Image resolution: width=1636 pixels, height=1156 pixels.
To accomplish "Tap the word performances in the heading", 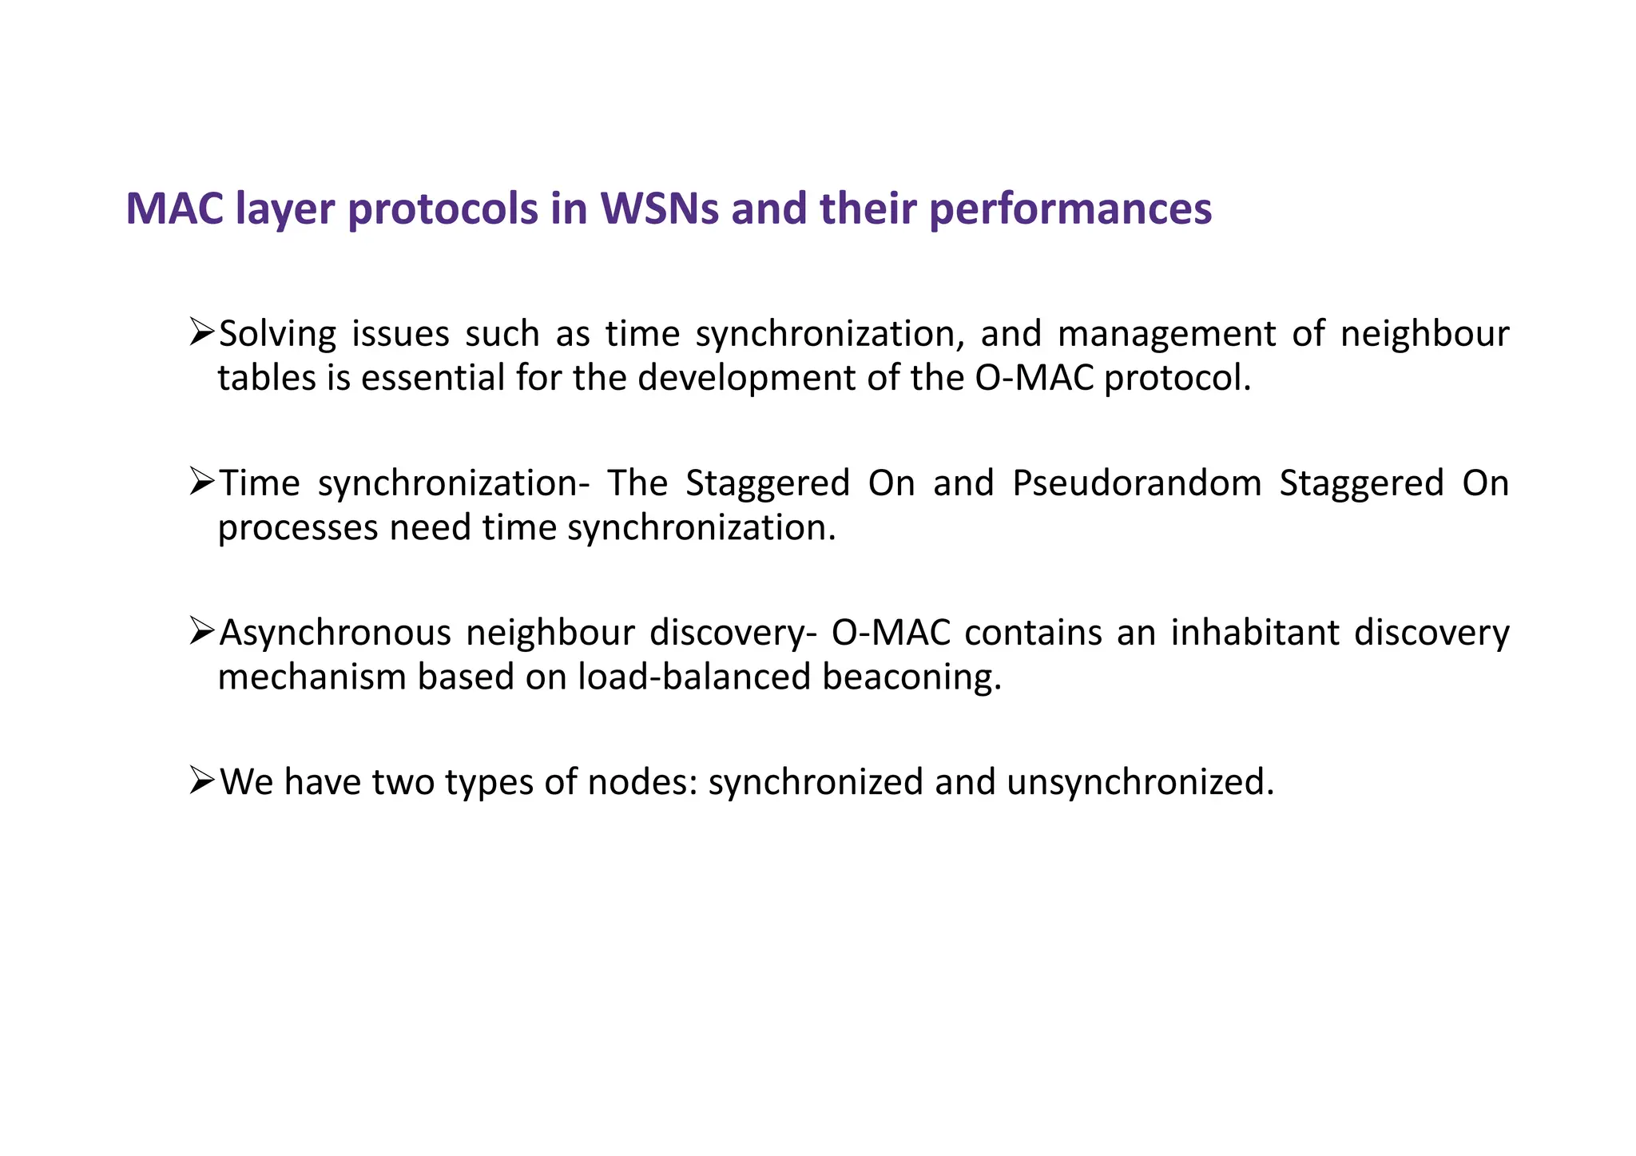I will coord(1070,209).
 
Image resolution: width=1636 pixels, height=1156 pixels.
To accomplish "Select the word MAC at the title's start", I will coord(175,209).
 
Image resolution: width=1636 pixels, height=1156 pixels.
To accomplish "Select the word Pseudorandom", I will coord(1136,483).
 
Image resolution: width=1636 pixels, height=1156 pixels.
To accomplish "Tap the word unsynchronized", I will coord(1139,782).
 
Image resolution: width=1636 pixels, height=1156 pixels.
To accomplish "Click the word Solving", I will coord(277,334).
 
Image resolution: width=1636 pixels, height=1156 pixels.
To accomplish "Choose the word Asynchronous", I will coord(335,633).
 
